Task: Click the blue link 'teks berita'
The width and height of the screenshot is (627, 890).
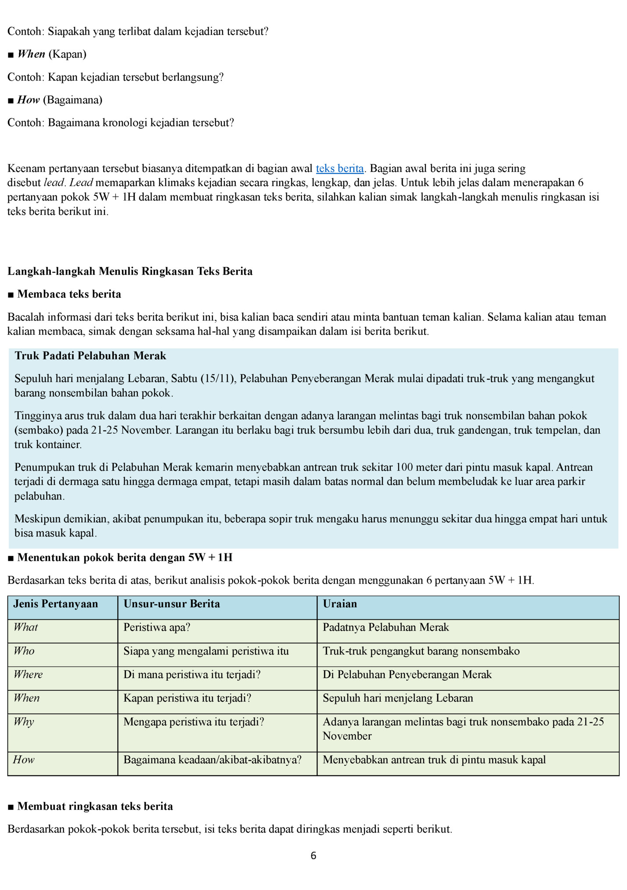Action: (x=339, y=169)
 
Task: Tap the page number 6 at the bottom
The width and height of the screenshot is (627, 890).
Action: (x=313, y=856)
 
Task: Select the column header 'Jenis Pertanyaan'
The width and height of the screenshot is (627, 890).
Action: (x=55, y=604)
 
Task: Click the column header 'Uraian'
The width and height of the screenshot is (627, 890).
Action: (x=340, y=604)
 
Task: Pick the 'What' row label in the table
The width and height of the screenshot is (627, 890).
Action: (x=25, y=628)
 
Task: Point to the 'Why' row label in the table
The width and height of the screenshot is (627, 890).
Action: (x=24, y=722)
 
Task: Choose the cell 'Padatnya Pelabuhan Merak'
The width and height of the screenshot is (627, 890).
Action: (x=386, y=628)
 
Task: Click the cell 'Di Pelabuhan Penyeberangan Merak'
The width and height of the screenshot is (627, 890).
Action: (x=407, y=675)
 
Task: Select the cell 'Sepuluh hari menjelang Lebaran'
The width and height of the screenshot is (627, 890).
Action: (x=398, y=698)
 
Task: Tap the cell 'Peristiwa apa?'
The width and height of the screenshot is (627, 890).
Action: (x=157, y=628)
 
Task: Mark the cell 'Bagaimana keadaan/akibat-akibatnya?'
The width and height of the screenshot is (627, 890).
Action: (x=213, y=760)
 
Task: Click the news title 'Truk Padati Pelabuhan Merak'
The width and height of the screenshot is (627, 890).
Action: (x=90, y=356)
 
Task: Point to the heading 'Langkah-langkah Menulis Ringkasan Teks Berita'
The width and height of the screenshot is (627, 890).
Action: (x=130, y=271)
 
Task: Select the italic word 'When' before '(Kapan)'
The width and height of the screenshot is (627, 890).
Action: (x=31, y=54)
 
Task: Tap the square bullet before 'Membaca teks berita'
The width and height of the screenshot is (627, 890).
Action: (x=11, y=294)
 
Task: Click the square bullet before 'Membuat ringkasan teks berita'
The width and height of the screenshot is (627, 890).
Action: (x=11, y=807)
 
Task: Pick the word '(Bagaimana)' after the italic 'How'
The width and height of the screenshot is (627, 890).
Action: (x=72, y=100)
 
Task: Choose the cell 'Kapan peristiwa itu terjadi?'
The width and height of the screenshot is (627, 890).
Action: (x=187, y=698)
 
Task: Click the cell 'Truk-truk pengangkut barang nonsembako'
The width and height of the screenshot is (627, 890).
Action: (x=421, y=651)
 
